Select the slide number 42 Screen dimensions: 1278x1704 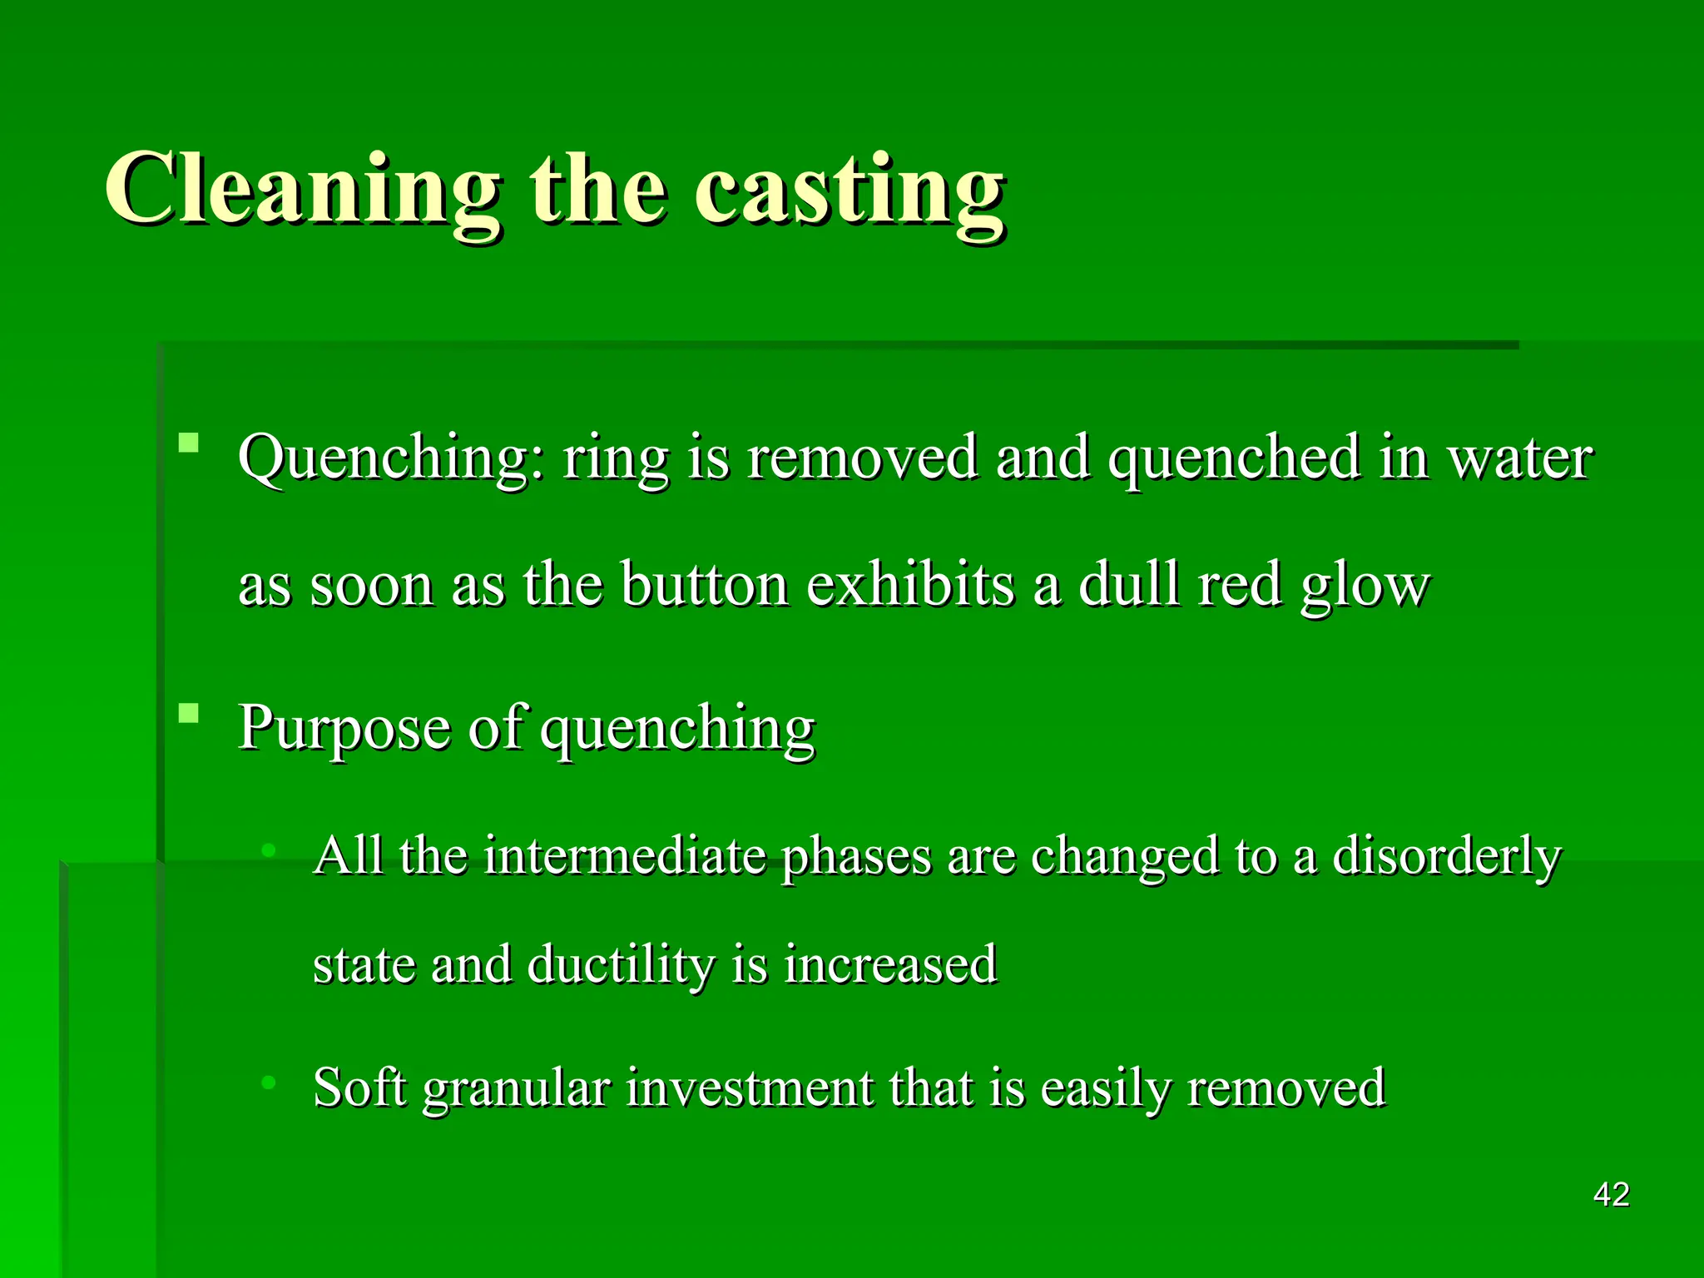pos(1611,1195)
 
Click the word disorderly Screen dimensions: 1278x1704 pos(1447,857)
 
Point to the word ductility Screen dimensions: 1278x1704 pos(621,965)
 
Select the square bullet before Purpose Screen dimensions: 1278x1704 pos(190,713)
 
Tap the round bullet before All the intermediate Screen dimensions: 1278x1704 pos(268,850)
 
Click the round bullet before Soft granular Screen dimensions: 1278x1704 pos(268,1082)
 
